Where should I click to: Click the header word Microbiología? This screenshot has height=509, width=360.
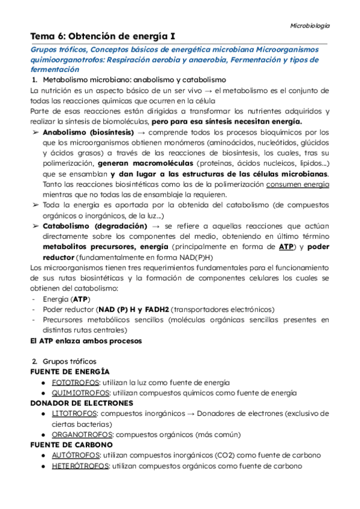coord(310,26)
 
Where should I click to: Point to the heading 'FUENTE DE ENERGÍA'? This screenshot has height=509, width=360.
coord(70,372)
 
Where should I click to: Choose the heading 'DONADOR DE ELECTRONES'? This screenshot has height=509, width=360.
coord(82,403)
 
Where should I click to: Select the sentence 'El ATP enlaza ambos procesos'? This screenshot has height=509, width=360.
coord(85,340)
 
